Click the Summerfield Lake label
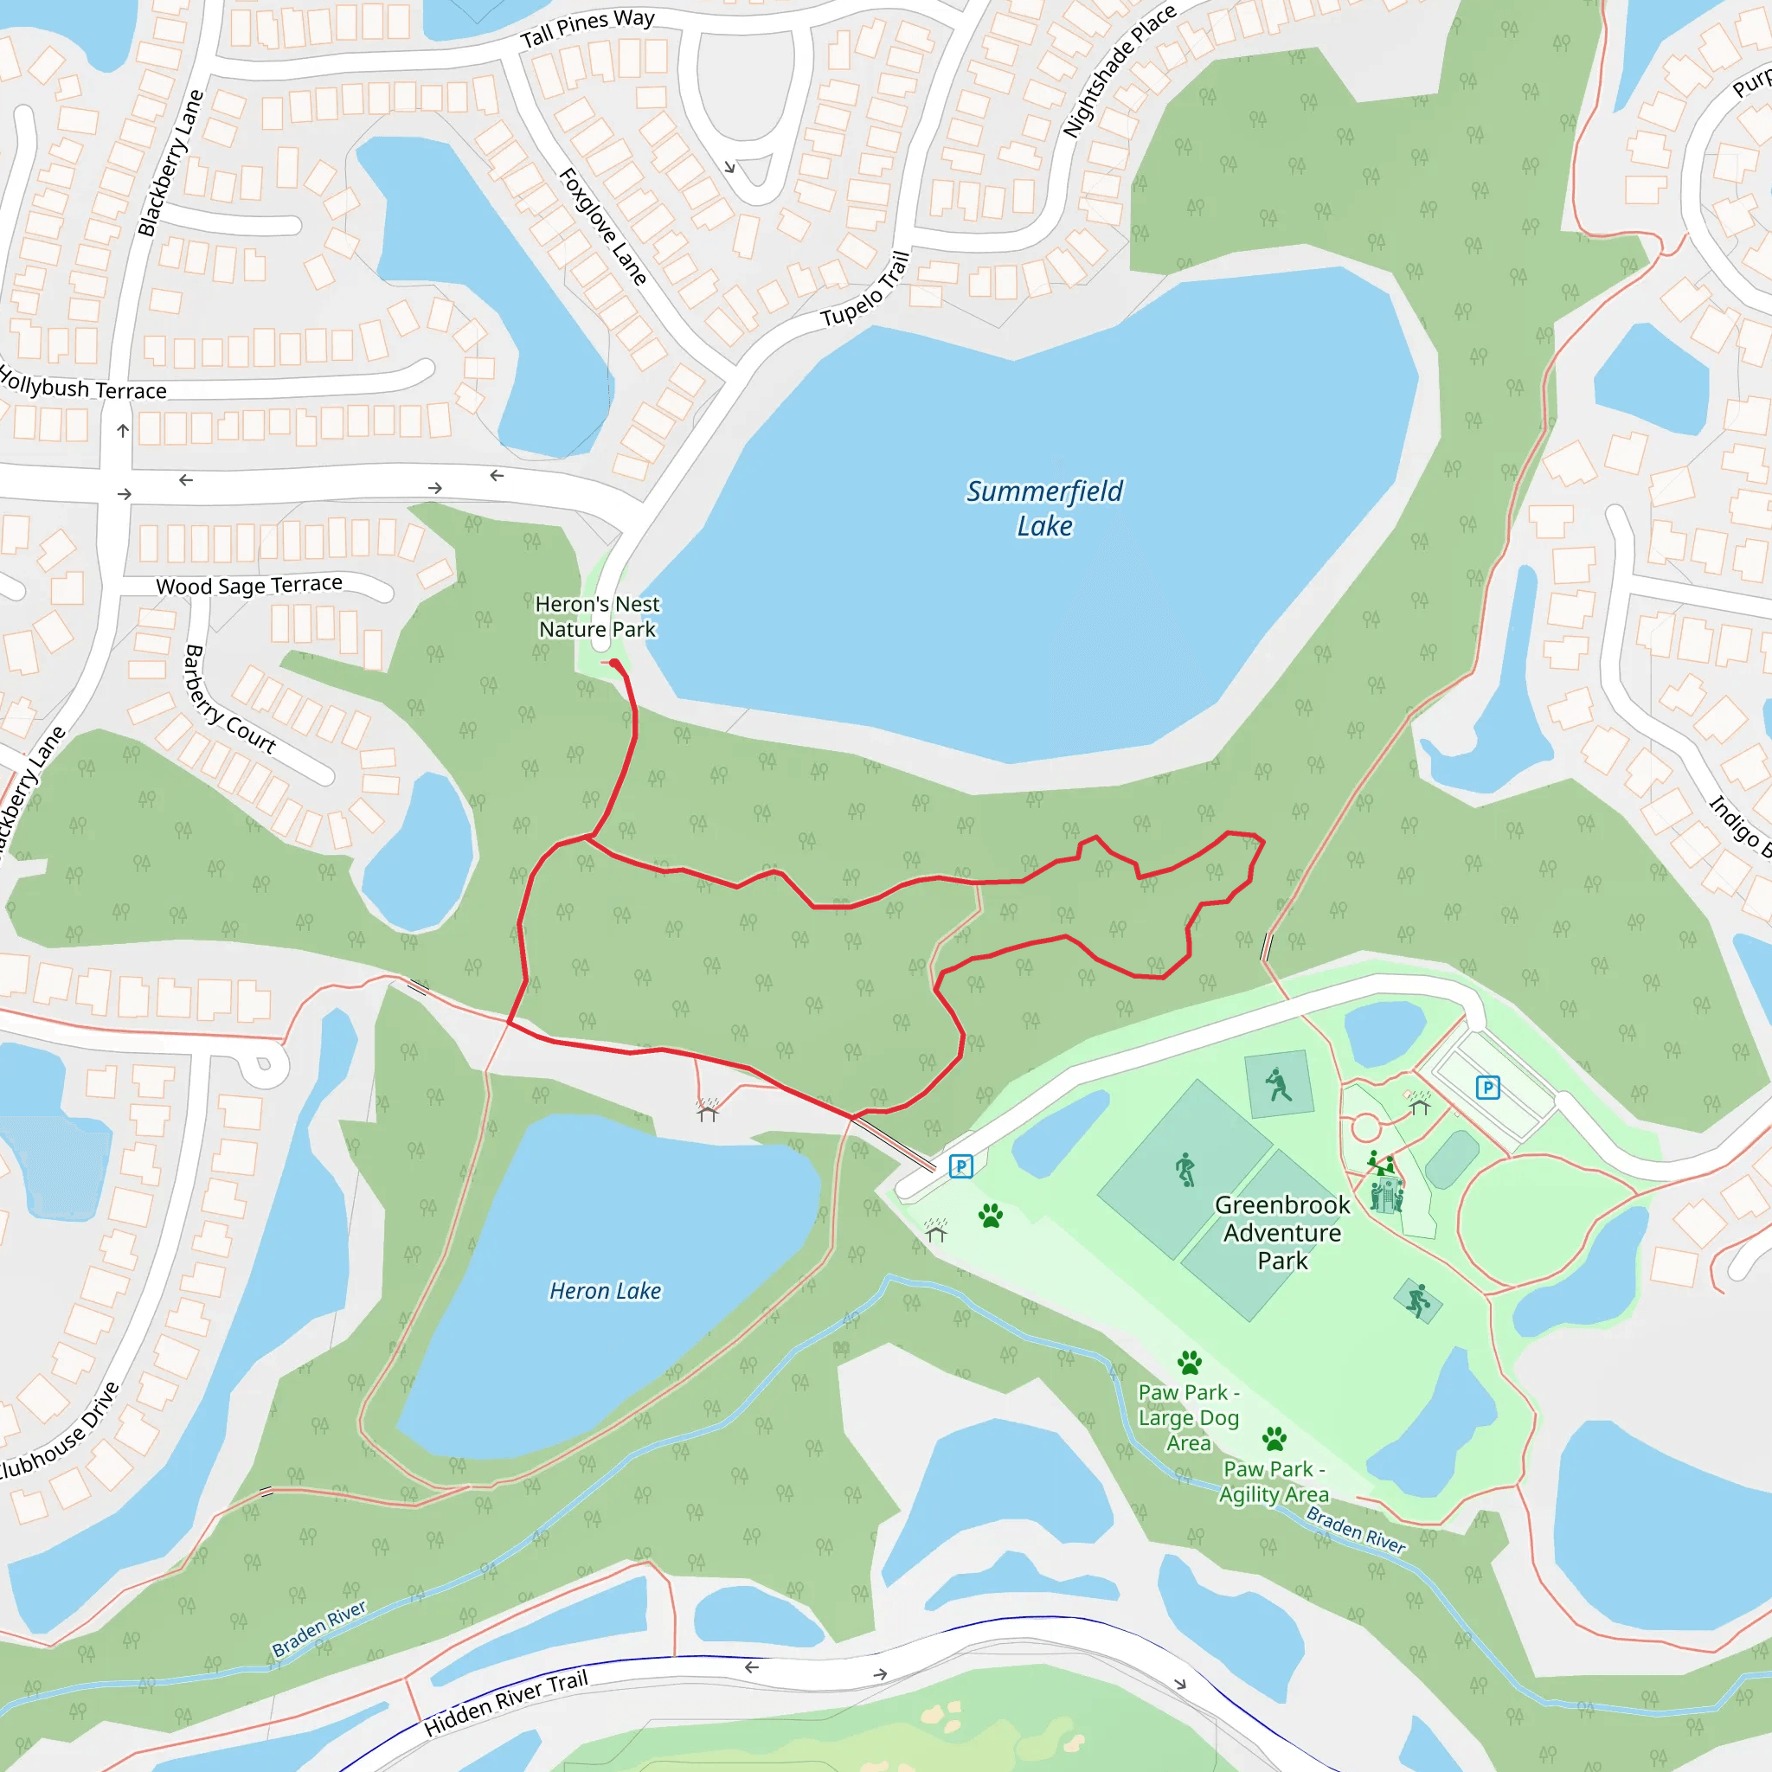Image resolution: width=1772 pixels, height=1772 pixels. coord(1043,508)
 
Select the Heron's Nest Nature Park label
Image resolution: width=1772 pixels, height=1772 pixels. coord(597,616)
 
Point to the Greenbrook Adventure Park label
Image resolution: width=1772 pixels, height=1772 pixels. coord(1282,1233)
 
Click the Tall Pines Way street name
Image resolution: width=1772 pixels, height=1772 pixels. coord(587,29)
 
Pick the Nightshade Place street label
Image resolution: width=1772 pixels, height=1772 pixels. coord(1118,71)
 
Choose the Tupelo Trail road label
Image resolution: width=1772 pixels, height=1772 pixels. coord(866,289)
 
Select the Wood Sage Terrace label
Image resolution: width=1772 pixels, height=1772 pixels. coord(249,584)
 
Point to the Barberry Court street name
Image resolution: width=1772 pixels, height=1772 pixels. coord(228,700)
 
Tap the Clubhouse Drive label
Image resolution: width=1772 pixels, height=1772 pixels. coord(60,1431)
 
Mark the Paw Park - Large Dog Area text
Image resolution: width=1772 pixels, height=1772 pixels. coord(1189,1417)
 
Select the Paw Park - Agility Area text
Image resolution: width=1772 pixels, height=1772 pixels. coord(1273,1481)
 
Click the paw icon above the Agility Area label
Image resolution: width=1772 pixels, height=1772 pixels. coord(1274,1437)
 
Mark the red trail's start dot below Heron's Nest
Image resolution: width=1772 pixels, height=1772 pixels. coord(613,663)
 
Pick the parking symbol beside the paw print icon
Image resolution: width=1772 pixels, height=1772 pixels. coord(960,1166)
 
